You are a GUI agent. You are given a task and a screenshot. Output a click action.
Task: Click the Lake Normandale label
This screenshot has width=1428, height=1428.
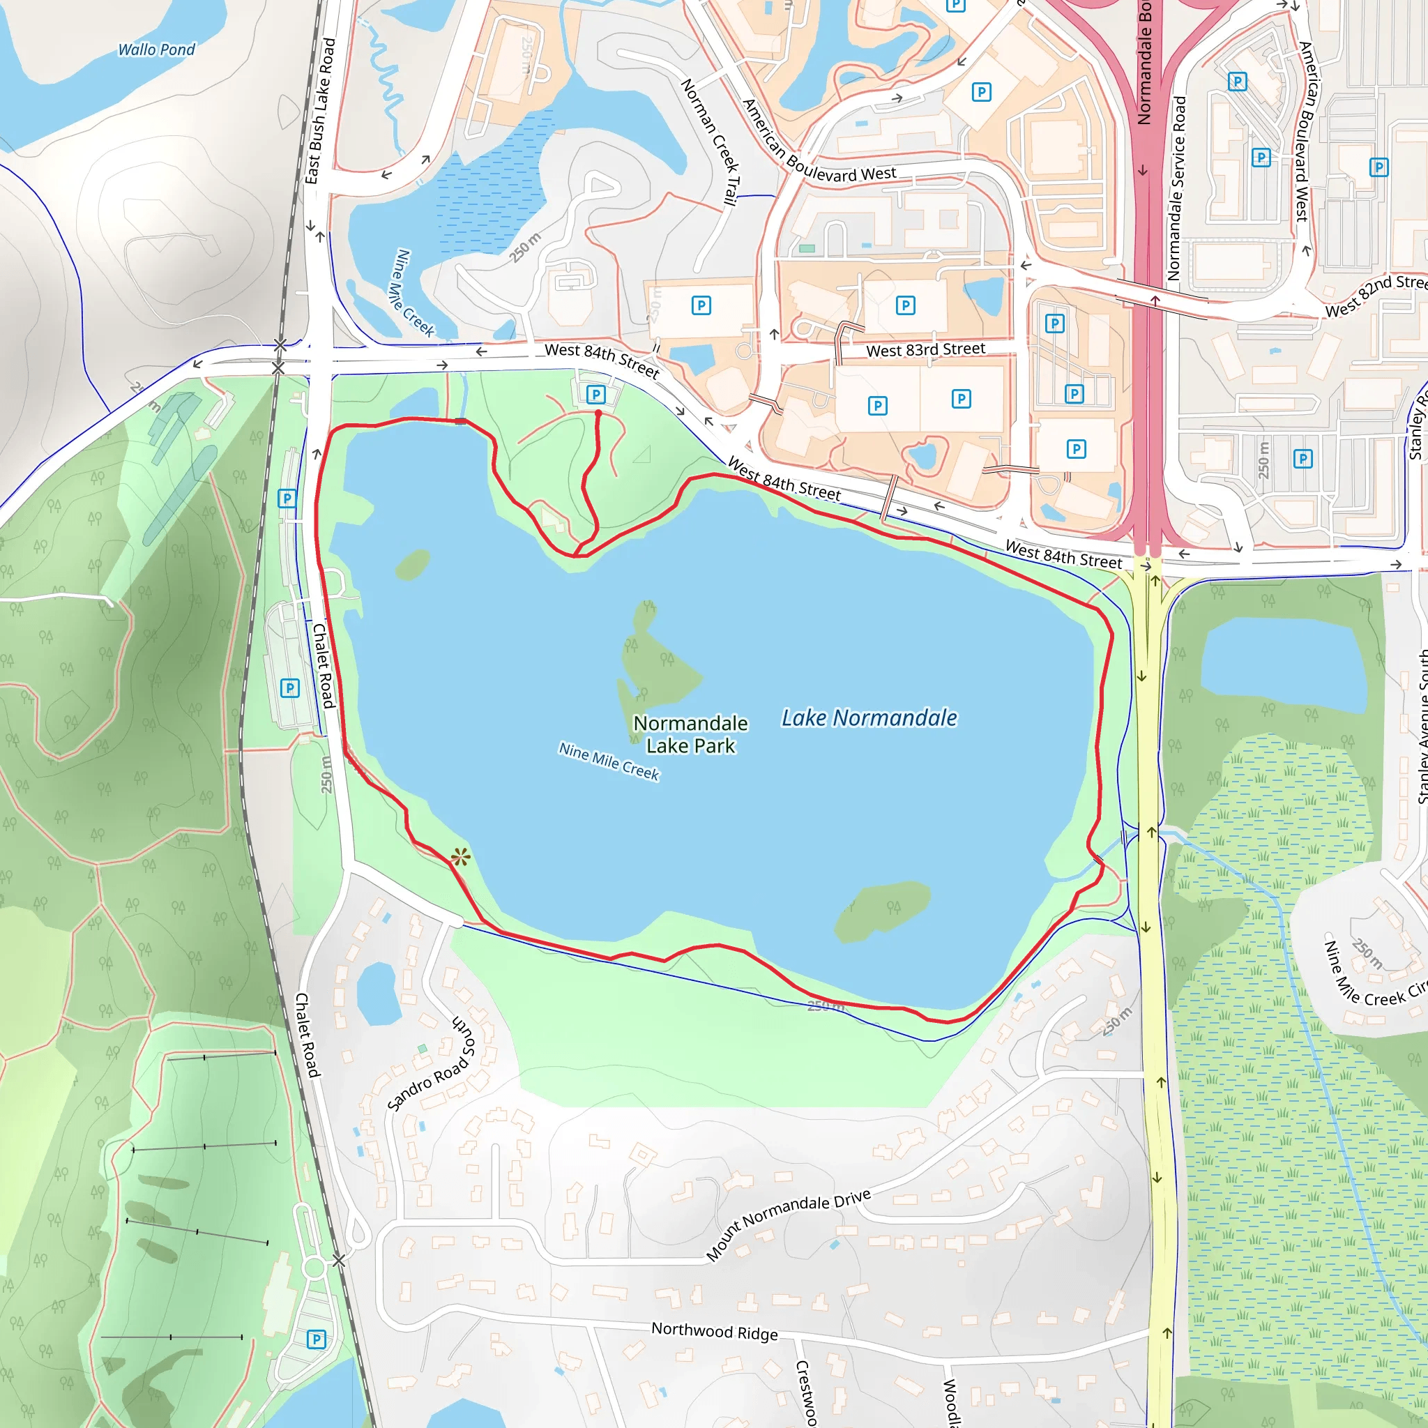tap(869, 717)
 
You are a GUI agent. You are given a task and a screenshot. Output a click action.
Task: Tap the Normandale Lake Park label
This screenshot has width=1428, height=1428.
tap(690, 734)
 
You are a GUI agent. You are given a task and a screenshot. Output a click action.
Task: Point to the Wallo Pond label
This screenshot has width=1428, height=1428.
tap(157, 50)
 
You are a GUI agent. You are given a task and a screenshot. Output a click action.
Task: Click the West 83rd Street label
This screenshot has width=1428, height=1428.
tap(925, 349)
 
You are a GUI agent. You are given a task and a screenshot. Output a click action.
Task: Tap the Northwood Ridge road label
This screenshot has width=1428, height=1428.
tap(714, 1331)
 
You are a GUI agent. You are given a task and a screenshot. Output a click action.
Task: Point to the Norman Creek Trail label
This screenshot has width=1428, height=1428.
tap(709, 140)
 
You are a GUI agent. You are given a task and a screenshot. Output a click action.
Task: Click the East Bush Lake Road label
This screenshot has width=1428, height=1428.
tap(320, 111)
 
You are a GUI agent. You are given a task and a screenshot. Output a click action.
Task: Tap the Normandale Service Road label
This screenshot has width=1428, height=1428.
tap(1175, 188)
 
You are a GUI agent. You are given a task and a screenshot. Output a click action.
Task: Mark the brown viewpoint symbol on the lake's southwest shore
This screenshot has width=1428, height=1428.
tap(460, 858)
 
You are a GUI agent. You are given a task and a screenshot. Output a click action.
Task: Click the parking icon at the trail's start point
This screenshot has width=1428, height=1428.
tap(595, 394)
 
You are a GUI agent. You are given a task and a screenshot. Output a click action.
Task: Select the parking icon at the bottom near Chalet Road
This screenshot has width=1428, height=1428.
tap(317, 1339)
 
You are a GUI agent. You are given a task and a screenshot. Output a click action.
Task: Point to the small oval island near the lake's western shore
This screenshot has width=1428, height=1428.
tap(413, 565)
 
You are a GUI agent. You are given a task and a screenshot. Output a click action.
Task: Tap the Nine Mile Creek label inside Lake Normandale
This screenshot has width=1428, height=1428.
tap(608, 761)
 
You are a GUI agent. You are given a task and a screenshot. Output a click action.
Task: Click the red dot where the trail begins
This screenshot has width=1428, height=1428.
tap(598, 413)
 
